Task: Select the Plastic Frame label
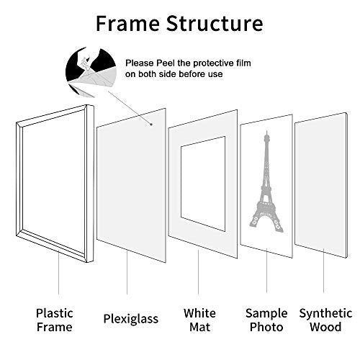coord(55,320)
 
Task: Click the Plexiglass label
coord(127,314)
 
